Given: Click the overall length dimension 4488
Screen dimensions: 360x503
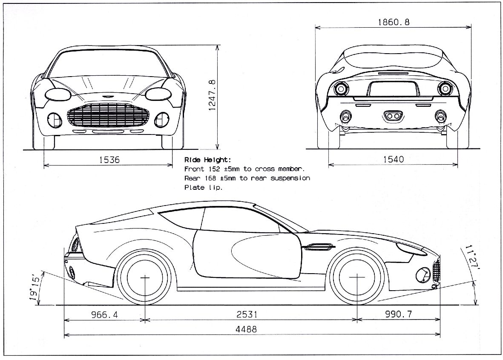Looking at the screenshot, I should click(252, 329).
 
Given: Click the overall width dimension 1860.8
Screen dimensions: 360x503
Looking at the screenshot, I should click(394, 22).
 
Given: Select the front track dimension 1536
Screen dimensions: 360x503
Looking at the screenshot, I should click(109, 160).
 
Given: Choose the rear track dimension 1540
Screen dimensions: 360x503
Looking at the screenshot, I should click(393, 160).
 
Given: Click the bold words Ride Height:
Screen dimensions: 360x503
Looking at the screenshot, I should click(208, 160).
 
